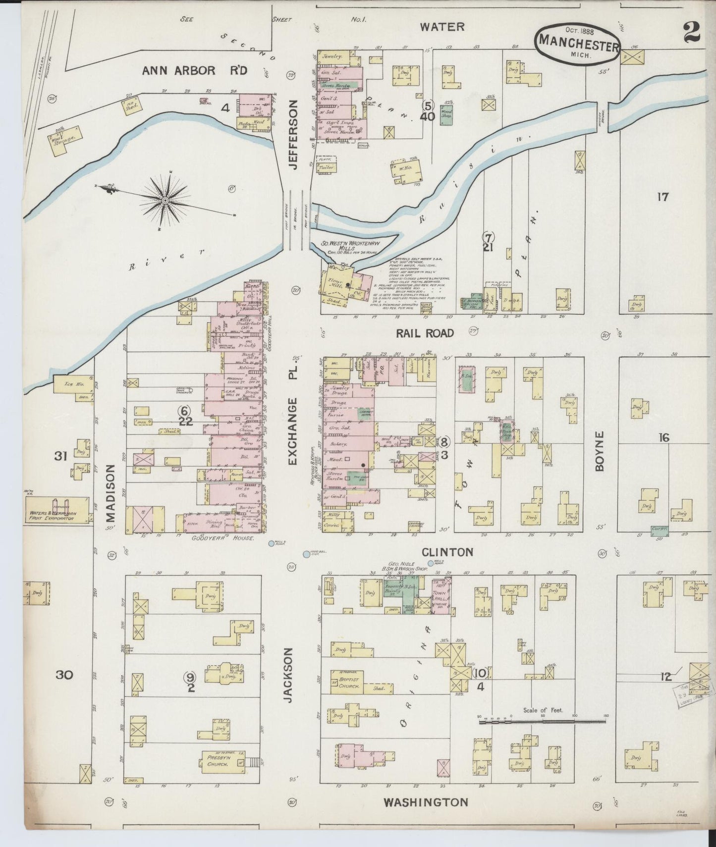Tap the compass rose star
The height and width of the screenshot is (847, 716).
click(165, 200)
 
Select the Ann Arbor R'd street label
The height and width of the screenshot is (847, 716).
click(194, 70)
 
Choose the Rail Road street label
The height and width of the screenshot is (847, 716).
click(425, 333)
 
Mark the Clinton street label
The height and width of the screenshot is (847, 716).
click(447, 552)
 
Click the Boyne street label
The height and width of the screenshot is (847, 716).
click(600, 451)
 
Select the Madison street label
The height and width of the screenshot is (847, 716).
click(110, 493)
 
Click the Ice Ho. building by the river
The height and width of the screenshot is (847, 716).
click(73, 384)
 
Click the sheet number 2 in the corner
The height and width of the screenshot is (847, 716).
click(691, 34)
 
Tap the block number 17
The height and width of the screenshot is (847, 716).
click(663, 197)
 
